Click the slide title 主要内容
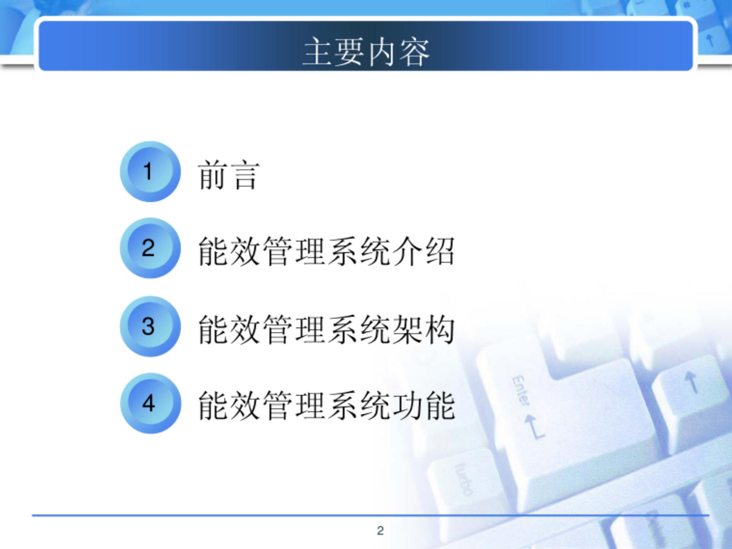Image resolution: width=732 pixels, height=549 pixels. (x=366, y=52)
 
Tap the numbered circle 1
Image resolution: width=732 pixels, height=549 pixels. (x=150, y=171)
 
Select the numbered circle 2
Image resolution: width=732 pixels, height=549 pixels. (x=150, y=248)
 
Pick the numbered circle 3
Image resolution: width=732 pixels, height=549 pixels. (x=150, y=326)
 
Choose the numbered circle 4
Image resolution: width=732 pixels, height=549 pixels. (x=150, y=403)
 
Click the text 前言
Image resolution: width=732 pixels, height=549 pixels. (x=229, y=175)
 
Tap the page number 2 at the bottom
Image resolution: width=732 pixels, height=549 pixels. (x=380, y=531)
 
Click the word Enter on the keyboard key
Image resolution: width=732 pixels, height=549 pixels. (x=521, y=390)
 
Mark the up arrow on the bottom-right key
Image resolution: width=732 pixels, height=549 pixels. (x=691, y=382)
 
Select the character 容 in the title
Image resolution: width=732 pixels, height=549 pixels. (x=414, y=52)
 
